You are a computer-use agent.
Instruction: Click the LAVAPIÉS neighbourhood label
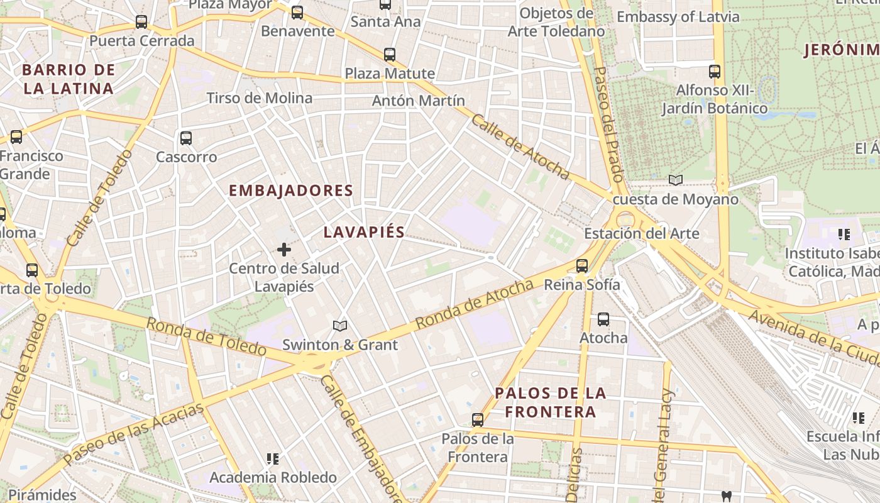click(364, 232)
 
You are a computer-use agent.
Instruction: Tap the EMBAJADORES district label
click(290, 191)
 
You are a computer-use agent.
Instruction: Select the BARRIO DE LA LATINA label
click(69, 79)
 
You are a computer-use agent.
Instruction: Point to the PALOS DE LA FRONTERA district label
click(551, 402)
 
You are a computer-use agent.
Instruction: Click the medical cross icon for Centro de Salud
click(284, 250)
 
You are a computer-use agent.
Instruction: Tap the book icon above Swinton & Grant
click(340, 326)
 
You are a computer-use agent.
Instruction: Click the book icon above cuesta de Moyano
click(676, 180)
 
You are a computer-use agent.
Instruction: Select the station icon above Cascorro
click(185, 138)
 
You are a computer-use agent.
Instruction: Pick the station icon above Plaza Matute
click(390, 55)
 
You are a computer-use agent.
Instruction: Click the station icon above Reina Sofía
click(582, 266)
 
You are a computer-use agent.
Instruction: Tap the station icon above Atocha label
click(603, 319)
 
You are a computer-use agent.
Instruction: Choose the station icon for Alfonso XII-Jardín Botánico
click(715, 72)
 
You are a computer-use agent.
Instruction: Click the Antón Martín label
click(419, 101)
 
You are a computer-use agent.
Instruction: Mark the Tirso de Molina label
click(260, 98)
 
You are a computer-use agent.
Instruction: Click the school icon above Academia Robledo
click(272, 459)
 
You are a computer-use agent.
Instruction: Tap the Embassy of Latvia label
click(678, 17)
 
